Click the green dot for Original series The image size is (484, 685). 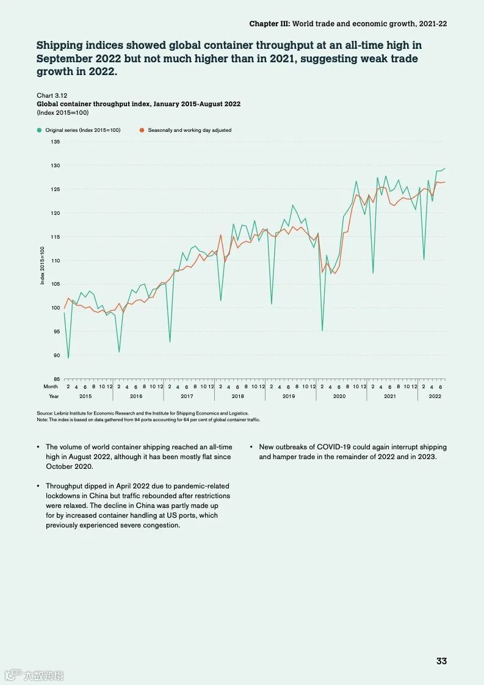pyautogui.click(x=40, y=130)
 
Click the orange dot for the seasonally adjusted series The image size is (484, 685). pyautogui.click(x=142, y=130)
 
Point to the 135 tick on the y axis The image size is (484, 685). pyautogui.click(x=56, y=142)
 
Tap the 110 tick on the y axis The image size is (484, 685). pyautogui.click(x=56, y=261)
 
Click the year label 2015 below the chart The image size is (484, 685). pyautogui.click(x=85, y=396)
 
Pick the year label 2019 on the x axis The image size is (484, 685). pyautogui.click(x=289, y=396)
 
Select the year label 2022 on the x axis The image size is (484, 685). pyautogui.click(x=435, y=396)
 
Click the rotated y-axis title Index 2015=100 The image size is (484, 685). pyautogui.click(x=43, y=266)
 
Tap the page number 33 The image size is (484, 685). pyautogui.click(x=441, y=661)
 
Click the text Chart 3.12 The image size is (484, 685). pyautogui.click(x=52, y=96)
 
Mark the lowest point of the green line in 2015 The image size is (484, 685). pyautogui.click(x=68, y=358)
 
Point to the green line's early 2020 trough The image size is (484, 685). pyautogui.click(x=322, y=330)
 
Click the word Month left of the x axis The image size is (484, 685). pyautogui.click(x=51, y=386)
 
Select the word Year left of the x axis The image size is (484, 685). pyautogui.click(x=54, y=396)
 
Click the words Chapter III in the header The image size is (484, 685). pyautogui.click(x=269, y=23)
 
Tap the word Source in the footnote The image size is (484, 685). pyautogui.click(x=45, y=413)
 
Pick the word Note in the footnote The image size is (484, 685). pyautogui.click(x=42, y=419)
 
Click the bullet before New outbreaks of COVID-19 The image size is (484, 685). pyautogui.click(x=251, y=448)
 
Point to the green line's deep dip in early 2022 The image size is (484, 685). pyautogui.click(x=424, y=259)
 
